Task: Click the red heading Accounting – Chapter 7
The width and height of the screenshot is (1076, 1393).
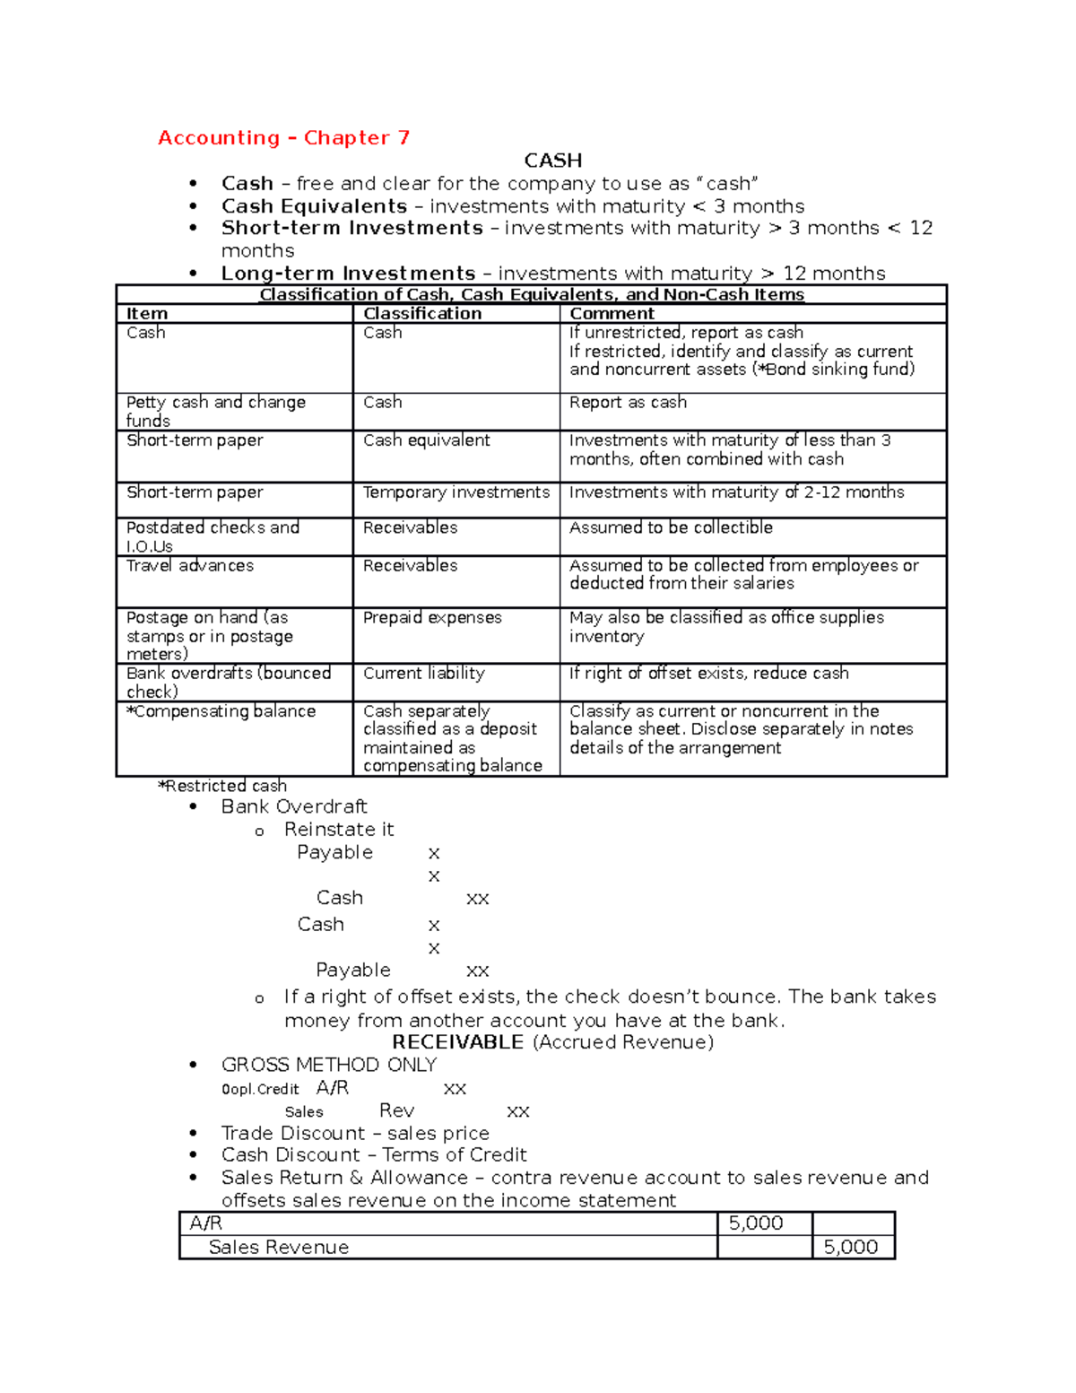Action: tap(283, 137)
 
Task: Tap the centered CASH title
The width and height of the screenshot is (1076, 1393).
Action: tap(552, 161)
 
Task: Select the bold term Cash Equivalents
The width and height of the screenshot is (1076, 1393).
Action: tap(314, 206)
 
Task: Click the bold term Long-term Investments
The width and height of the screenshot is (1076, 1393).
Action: tap(348, 274)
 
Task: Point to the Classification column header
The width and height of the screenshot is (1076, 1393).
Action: tap(422, 314)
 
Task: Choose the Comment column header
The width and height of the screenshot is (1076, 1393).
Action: tap(612, 314)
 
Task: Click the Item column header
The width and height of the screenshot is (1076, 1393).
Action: tap(147, 314)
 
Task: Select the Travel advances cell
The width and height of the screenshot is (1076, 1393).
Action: tap(190, 566)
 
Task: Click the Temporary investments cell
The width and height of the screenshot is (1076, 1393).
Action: tap(456, 492)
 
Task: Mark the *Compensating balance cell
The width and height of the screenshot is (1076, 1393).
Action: tap(221, 711)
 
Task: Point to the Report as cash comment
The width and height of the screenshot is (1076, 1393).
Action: tap(628, 403)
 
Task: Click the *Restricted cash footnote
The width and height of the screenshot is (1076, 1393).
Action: tap(222, 786)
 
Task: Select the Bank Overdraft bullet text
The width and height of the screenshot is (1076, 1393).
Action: tap(294, 807)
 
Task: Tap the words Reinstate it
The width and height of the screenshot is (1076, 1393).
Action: tap(339, 830)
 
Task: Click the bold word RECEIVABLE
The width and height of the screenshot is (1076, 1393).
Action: tap(458, 1042)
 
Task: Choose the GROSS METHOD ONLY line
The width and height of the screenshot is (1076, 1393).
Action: tap(328, 1065)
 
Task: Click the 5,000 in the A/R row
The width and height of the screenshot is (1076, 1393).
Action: tap(755, 1223)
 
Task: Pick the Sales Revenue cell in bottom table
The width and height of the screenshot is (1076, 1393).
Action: tap(278, 1247)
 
